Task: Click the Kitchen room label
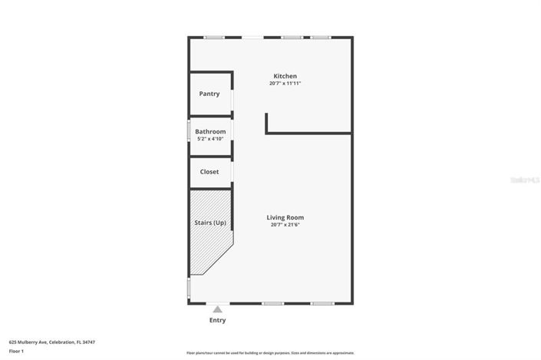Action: pos(285,76)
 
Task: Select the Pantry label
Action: pos(209,94)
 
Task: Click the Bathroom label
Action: pos(210,131)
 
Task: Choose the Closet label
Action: pos(209,172)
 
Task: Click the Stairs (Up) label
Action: pos(209,223)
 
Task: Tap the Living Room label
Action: pos(285,217)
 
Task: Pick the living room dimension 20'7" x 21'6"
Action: pos(285,225)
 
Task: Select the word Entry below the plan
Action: pos(218,320)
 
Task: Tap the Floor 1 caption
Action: pos(17,351)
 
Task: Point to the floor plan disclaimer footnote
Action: pos(270,352)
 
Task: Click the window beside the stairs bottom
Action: pos(190,288)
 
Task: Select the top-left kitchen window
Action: pos(214,37)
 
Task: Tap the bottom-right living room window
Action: pos(322,304)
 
